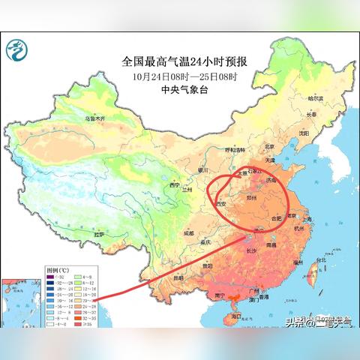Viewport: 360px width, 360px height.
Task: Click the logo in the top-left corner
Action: pyautogui.click(x=16, y=50)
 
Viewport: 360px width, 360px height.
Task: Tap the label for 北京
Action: pyautogui.click(x=271, y=148)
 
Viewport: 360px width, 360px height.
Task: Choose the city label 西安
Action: pyautogui.click(x=221, y=202)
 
